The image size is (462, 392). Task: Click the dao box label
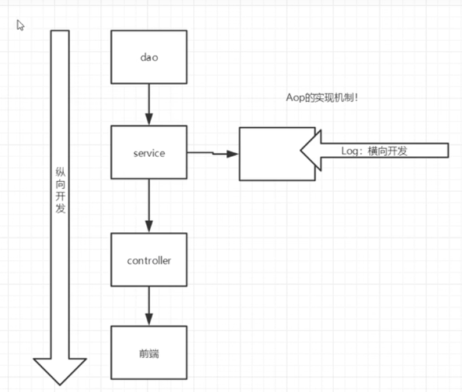(149, 57)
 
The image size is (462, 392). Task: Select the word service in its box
(149, 153)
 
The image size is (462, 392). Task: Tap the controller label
(149, 261)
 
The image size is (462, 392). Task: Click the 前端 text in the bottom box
(149, 354)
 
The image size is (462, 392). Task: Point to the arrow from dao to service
(149, 105)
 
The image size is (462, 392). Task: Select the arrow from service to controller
(149, 206)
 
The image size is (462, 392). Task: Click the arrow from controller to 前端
(149, 306)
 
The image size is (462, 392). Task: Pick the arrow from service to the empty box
(213, 153)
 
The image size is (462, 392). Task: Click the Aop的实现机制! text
(322, 98)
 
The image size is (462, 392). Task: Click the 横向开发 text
(388, 151)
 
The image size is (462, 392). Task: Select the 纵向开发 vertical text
(60, 190)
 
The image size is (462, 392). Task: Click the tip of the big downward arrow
(60, 385)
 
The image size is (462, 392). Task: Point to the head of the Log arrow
(301, 150)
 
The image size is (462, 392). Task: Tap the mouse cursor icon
(20, 25)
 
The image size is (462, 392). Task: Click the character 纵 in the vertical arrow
(60, 172)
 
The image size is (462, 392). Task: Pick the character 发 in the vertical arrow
(60, 208)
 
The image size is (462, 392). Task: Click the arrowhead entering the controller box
(149, 226)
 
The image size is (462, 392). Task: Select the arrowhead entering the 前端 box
(149, 319)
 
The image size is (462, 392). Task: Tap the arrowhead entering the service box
(149, 120)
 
